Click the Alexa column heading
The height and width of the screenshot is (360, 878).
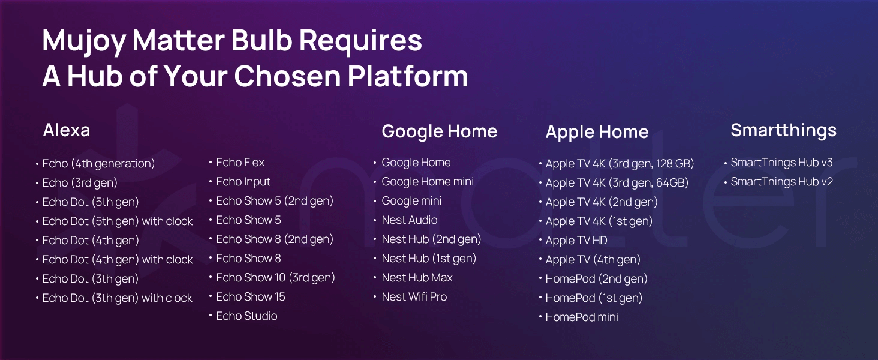pyautogui.click(x=67, y=130)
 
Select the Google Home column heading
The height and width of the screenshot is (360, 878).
pyautogui.click(x=440, y=132)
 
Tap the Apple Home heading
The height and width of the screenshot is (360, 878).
pyautogui.click(x=597, y=133)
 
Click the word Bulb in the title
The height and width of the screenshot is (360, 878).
pyautogui.click(x=262, y=40)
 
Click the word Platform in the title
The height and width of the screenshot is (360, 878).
pyautogui.click(x=408, y=76)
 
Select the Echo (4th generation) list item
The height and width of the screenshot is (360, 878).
pyautogui.click(x=98, y=164)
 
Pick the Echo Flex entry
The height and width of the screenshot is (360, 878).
pyautogui.click(x=240, y=163)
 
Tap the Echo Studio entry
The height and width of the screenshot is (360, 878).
pyautogui.click(x=246, y=316)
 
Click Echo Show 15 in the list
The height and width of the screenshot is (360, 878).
pyautogui.click(x=251, y=297)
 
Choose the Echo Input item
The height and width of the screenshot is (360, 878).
pyautogui.click(x=243, y=182)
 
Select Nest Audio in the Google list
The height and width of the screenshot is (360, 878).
pyautogui.click(x=409, y=220)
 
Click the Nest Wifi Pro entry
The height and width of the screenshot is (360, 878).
pyautogui.click(x=414, y=297)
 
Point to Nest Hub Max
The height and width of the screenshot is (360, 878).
pyautogui.click(x=417, y=278)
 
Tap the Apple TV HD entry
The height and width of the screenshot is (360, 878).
pyautogui.click(x=576, y=241)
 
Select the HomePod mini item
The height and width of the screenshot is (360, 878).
pyautogui.click(x=582, y=317)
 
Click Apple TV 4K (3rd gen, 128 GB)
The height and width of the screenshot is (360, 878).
pyautogui.click(x=620, y=164)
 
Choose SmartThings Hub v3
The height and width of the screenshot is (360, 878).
pyautogui.click(x=781, y=163)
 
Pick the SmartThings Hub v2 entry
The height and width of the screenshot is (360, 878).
pyautogui.click(x=781, y=182)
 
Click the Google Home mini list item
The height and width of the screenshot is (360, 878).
pyautogui.click(x=428, y=182)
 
